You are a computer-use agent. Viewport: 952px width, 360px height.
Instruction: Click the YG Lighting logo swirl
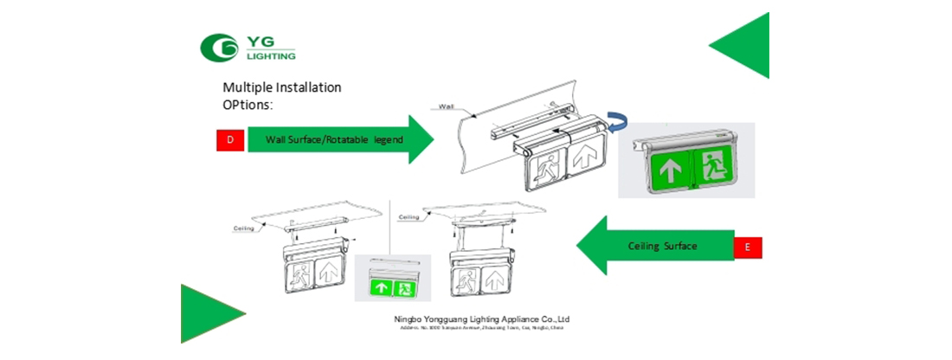[219, 48]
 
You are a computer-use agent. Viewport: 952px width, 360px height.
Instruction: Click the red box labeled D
[229, 139]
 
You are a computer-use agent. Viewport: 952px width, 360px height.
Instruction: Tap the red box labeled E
[748, 247]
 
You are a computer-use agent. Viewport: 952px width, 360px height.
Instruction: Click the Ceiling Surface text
[663, 247]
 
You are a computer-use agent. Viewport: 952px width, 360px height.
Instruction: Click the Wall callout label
[447, 106]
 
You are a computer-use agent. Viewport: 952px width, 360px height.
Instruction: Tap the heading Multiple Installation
[282, 87]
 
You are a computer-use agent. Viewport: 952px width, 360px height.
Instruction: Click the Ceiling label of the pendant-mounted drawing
[410, 217]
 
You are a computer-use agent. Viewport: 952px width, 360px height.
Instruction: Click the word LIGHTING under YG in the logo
[272, 55]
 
